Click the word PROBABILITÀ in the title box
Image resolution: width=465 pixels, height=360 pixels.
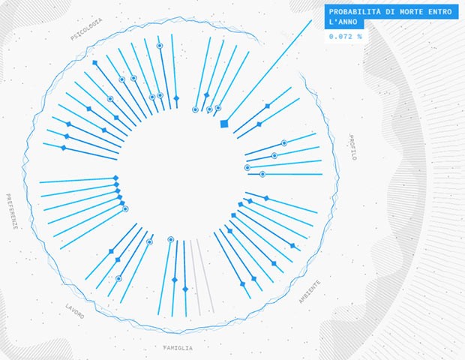(353, 12)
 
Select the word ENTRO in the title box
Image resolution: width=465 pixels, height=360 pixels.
(441, 12)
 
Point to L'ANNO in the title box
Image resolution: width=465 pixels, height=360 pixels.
(341, 23)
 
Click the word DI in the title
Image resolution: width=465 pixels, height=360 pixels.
(386, 12)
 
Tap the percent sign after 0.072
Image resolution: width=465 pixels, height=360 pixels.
(360, 36)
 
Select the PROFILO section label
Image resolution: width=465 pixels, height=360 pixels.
(354, 147)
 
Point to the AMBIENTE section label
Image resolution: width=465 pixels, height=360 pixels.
(310, 291)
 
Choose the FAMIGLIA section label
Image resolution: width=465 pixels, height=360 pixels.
(178, 348)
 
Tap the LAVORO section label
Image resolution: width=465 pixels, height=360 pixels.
(75, 312)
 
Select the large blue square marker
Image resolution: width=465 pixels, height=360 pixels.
(223, 124)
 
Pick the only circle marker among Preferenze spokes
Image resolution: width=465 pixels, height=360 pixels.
(125, 208)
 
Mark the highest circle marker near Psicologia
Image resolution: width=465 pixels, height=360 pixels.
(159, 46)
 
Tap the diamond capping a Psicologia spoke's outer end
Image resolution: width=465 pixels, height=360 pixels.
(94, 62)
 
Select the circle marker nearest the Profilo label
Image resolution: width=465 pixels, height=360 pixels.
(284, 142)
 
